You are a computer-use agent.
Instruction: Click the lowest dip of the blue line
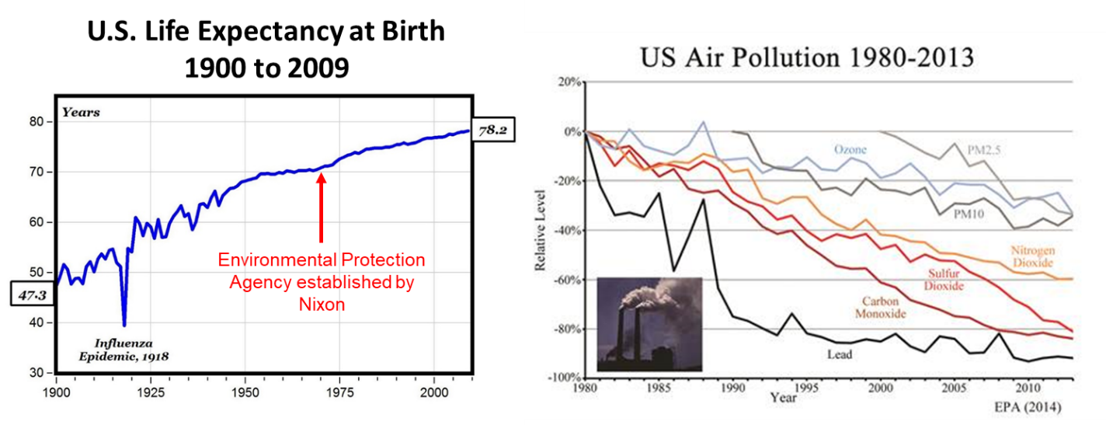point(124,324)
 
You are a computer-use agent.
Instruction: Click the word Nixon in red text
point(322,305)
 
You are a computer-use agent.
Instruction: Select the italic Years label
point(81,113)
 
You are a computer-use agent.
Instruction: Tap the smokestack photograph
point(649,323)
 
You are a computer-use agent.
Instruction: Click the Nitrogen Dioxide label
point(1029,256)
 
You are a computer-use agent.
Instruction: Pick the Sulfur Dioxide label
point(944,280)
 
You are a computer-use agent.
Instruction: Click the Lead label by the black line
point(840,354)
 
